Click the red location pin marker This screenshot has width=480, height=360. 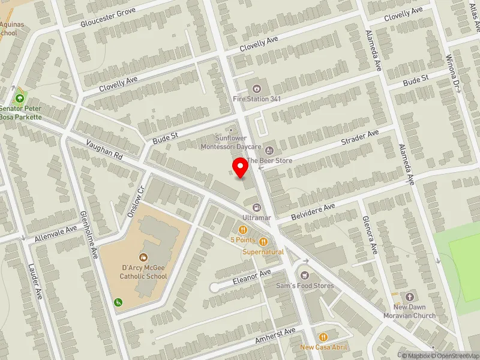tap(241, 167)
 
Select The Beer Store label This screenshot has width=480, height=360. tap(269, 161)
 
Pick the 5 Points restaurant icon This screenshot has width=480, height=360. tap(242, 230)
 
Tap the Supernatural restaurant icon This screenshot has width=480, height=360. tap(263, 242)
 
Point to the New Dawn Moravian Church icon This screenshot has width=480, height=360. tap(410, 297)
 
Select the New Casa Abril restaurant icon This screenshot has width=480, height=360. tap(323, 337)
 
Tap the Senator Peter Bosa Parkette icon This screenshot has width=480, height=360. tap(20, 98)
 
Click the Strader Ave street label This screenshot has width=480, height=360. tap(360, 137)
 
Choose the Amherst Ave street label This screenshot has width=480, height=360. tap(275, 336)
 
